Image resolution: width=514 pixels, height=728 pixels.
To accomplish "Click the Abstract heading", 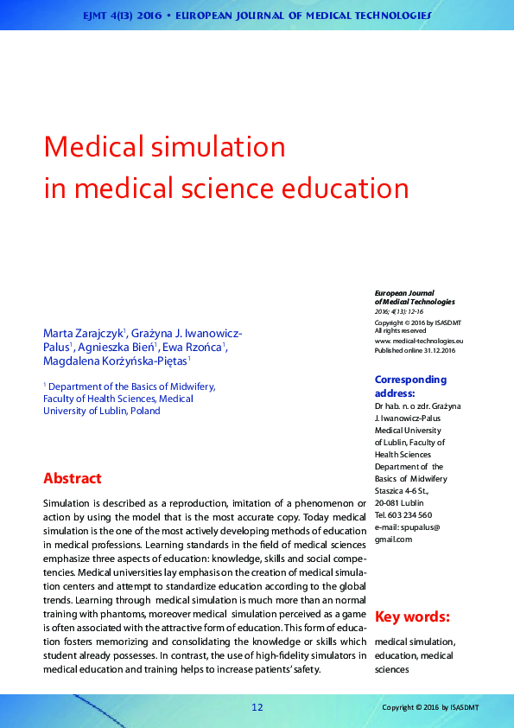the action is pos(73,478).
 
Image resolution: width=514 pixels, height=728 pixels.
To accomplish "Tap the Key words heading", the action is pos(412,616).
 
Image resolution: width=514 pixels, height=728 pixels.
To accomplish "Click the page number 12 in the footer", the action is pos(257,707).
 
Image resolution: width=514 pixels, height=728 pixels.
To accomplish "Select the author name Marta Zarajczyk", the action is pos(84,333).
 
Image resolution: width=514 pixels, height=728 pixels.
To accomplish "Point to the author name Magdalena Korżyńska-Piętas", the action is pos(115,361).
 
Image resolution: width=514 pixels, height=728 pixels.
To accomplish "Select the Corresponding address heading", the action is pos(410,386).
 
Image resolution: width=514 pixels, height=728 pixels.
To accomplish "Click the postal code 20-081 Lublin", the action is pos(399,503).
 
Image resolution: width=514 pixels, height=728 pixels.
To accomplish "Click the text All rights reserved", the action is pos(400,330).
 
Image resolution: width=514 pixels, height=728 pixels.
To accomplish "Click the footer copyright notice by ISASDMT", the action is pos(430,707).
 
